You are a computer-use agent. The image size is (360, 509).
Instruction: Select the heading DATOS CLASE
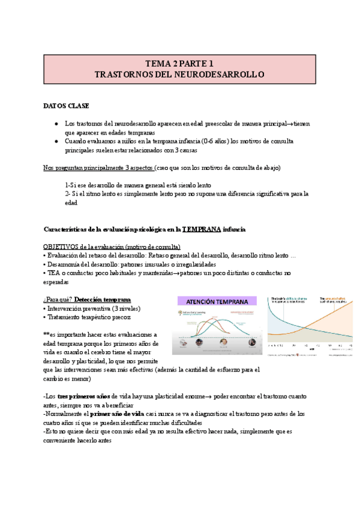[x=66, y=106]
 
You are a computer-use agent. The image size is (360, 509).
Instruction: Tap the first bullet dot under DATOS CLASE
[x=56, y=124]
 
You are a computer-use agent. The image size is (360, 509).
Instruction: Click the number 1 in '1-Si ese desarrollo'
[x=67, y=185]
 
